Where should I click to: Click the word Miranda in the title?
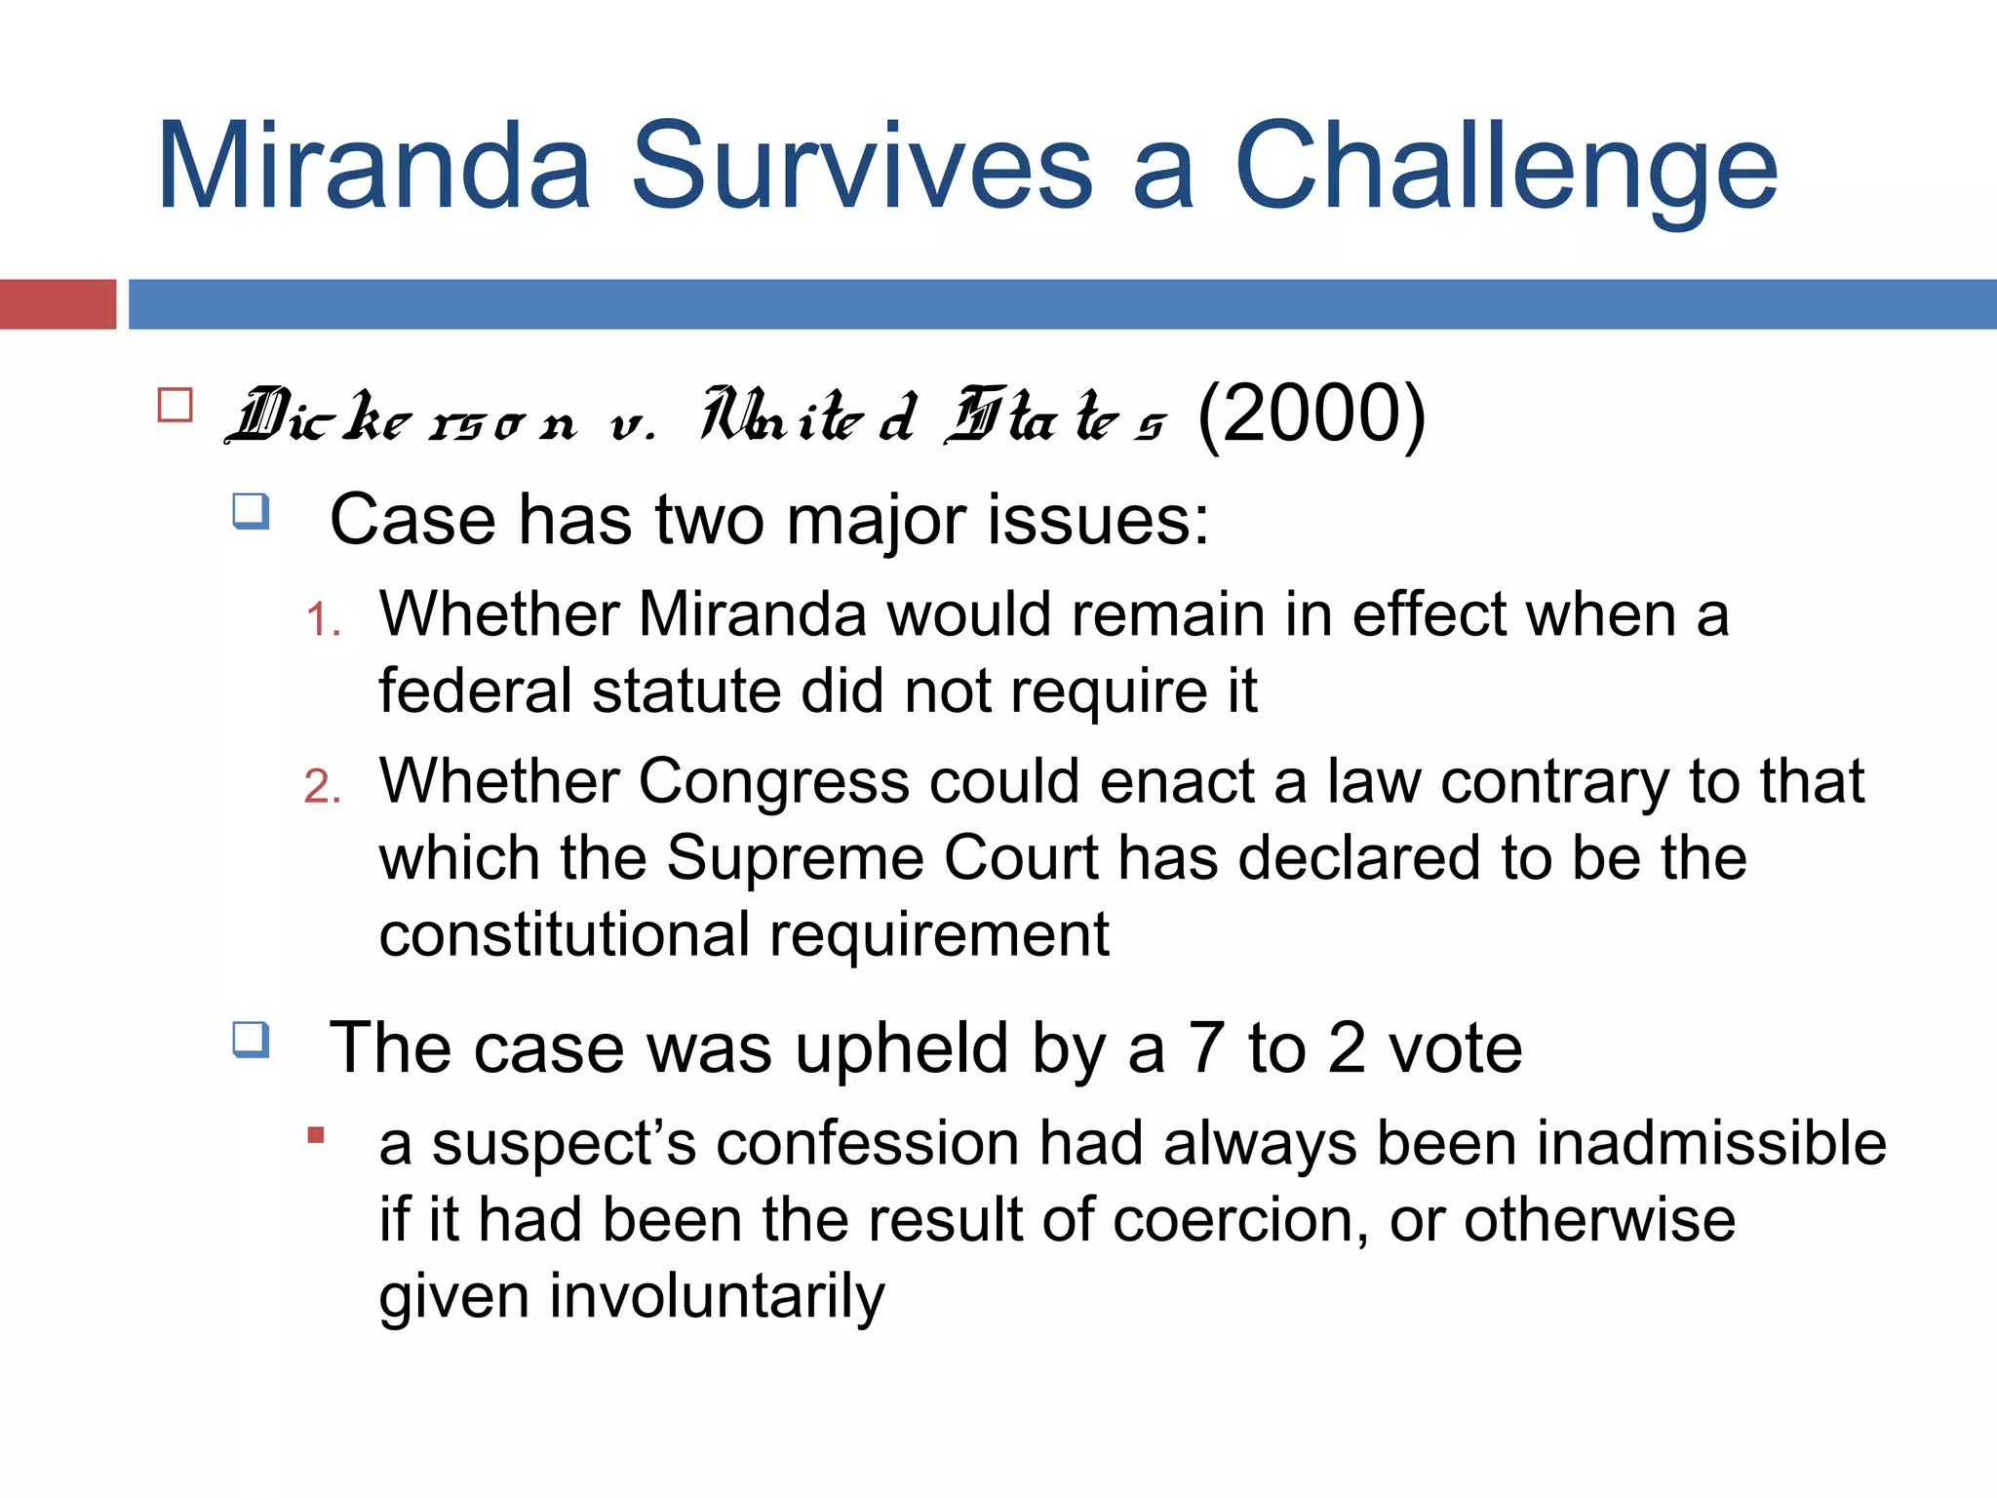373,166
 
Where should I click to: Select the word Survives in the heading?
862,166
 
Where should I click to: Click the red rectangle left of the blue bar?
58,304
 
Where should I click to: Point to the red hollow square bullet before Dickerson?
176,405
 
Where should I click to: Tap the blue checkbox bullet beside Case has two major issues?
251,511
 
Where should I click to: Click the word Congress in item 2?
773,782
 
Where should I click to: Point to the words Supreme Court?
883,858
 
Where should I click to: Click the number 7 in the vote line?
1207,1048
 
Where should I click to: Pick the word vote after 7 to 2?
1455,1048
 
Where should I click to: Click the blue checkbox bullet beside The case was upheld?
251,1040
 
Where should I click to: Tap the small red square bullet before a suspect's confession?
315,1135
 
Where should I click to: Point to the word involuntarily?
717,1297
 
